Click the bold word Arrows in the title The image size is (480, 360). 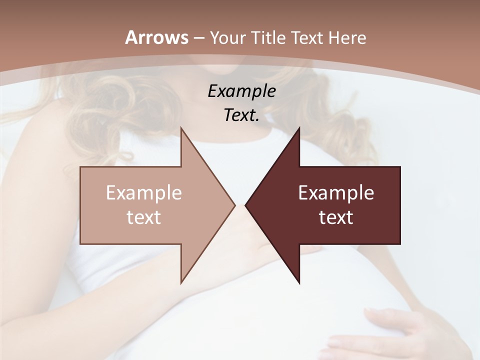(156, 37)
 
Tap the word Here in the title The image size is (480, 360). (348, 37)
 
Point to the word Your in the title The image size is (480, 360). (227, 37)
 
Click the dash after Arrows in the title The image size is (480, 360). (198, 38)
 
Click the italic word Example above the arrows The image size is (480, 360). (241, 91)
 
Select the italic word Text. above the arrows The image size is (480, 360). (241, 115)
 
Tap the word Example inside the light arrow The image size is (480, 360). (144, 193)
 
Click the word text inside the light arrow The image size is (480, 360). (144, 217)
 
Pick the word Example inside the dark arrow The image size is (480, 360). (336, 193)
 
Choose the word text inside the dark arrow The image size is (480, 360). (336, 217)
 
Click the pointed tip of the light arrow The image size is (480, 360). (234, 205)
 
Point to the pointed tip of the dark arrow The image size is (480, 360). (246, 205)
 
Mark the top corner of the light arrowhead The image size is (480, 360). (181, 128)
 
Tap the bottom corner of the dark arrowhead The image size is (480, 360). (299, 282)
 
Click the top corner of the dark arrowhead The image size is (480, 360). (299, 128)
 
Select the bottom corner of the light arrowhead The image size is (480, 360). (181, 282)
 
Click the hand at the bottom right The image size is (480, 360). (400, 330)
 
